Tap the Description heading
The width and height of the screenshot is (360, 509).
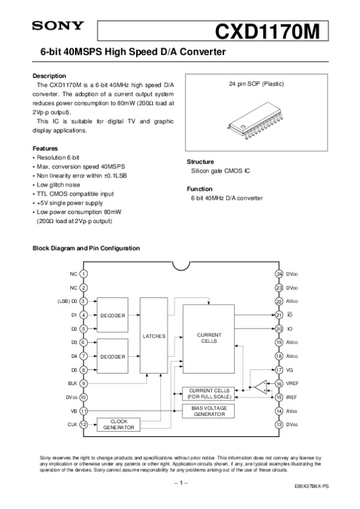click(49, 76)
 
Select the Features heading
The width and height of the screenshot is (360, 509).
click(45, 148)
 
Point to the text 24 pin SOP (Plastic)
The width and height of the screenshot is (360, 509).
click(257, 84)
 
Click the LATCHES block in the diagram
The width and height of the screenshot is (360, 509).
click(154, 336)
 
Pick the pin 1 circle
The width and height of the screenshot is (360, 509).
click(83, 274)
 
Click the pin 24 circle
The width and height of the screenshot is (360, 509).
click(279, 274)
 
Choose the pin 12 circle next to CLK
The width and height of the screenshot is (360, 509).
click(83, 424)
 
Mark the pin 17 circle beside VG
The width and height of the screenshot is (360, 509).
click(279, 370)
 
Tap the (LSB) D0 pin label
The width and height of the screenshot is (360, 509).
click(67, 302)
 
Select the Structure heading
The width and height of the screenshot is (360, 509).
click(200, 162)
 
